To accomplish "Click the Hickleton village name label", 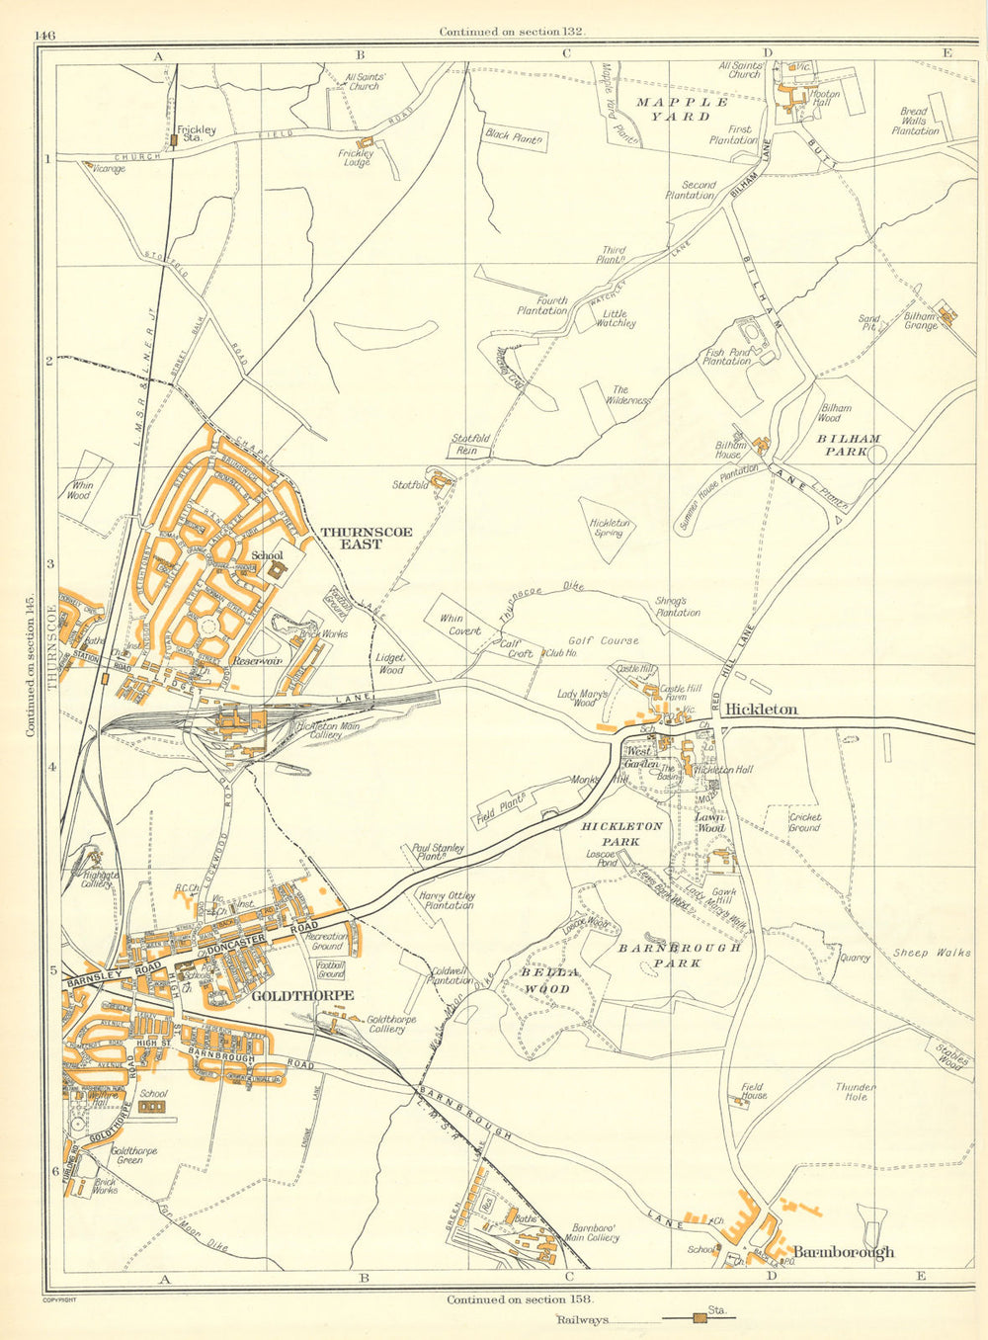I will [x=761, y=710].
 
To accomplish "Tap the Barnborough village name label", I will [x=844, y=1251].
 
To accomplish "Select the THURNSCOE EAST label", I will [x=367, y=538].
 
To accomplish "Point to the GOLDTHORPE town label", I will [x=302, y=996].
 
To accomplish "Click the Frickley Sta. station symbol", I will [x=174, y=140].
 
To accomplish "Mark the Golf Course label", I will [x=602, y=640].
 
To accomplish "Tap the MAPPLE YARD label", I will [x=682, y=109].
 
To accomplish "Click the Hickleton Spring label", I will [x=610, y=528].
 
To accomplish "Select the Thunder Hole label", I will [x=856, y=1091].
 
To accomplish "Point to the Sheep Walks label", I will [x=932, y=953].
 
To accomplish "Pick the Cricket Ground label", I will [x=804, y=823].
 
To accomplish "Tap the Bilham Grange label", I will [x=920, y=322].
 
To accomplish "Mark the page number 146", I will [x=44, y=35].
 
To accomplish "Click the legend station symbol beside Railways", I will [x=700, y=1317].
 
